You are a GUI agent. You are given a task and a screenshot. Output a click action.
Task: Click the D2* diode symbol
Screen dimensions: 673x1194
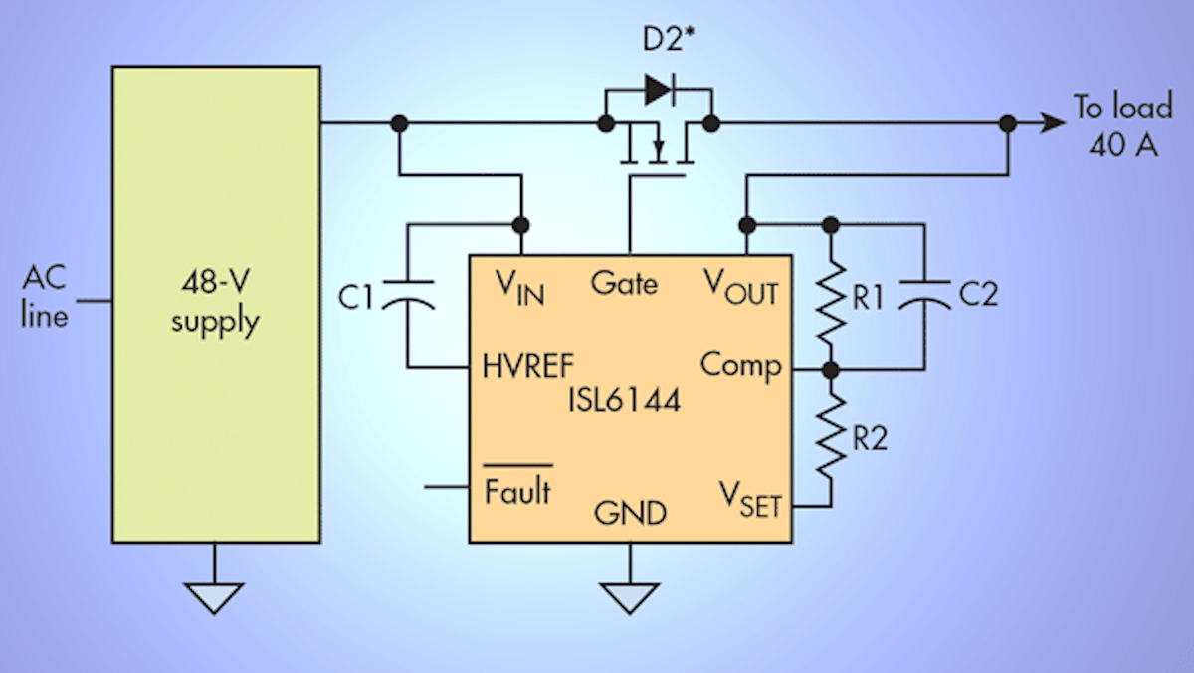coord(658,90)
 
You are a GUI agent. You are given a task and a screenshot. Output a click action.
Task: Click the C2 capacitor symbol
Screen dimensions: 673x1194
coord(924,296)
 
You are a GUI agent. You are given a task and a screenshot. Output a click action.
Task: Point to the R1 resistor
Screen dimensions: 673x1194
coord(832,296)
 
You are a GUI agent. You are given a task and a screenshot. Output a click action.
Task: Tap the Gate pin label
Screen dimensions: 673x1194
coord(624,283)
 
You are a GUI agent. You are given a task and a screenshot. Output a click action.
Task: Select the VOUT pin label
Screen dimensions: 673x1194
coord(738,288)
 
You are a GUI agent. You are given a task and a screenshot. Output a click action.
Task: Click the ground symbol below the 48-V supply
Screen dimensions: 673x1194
coord(214,596)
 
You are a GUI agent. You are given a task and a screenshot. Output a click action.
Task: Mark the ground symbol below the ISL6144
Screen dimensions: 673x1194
coord(630,596)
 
